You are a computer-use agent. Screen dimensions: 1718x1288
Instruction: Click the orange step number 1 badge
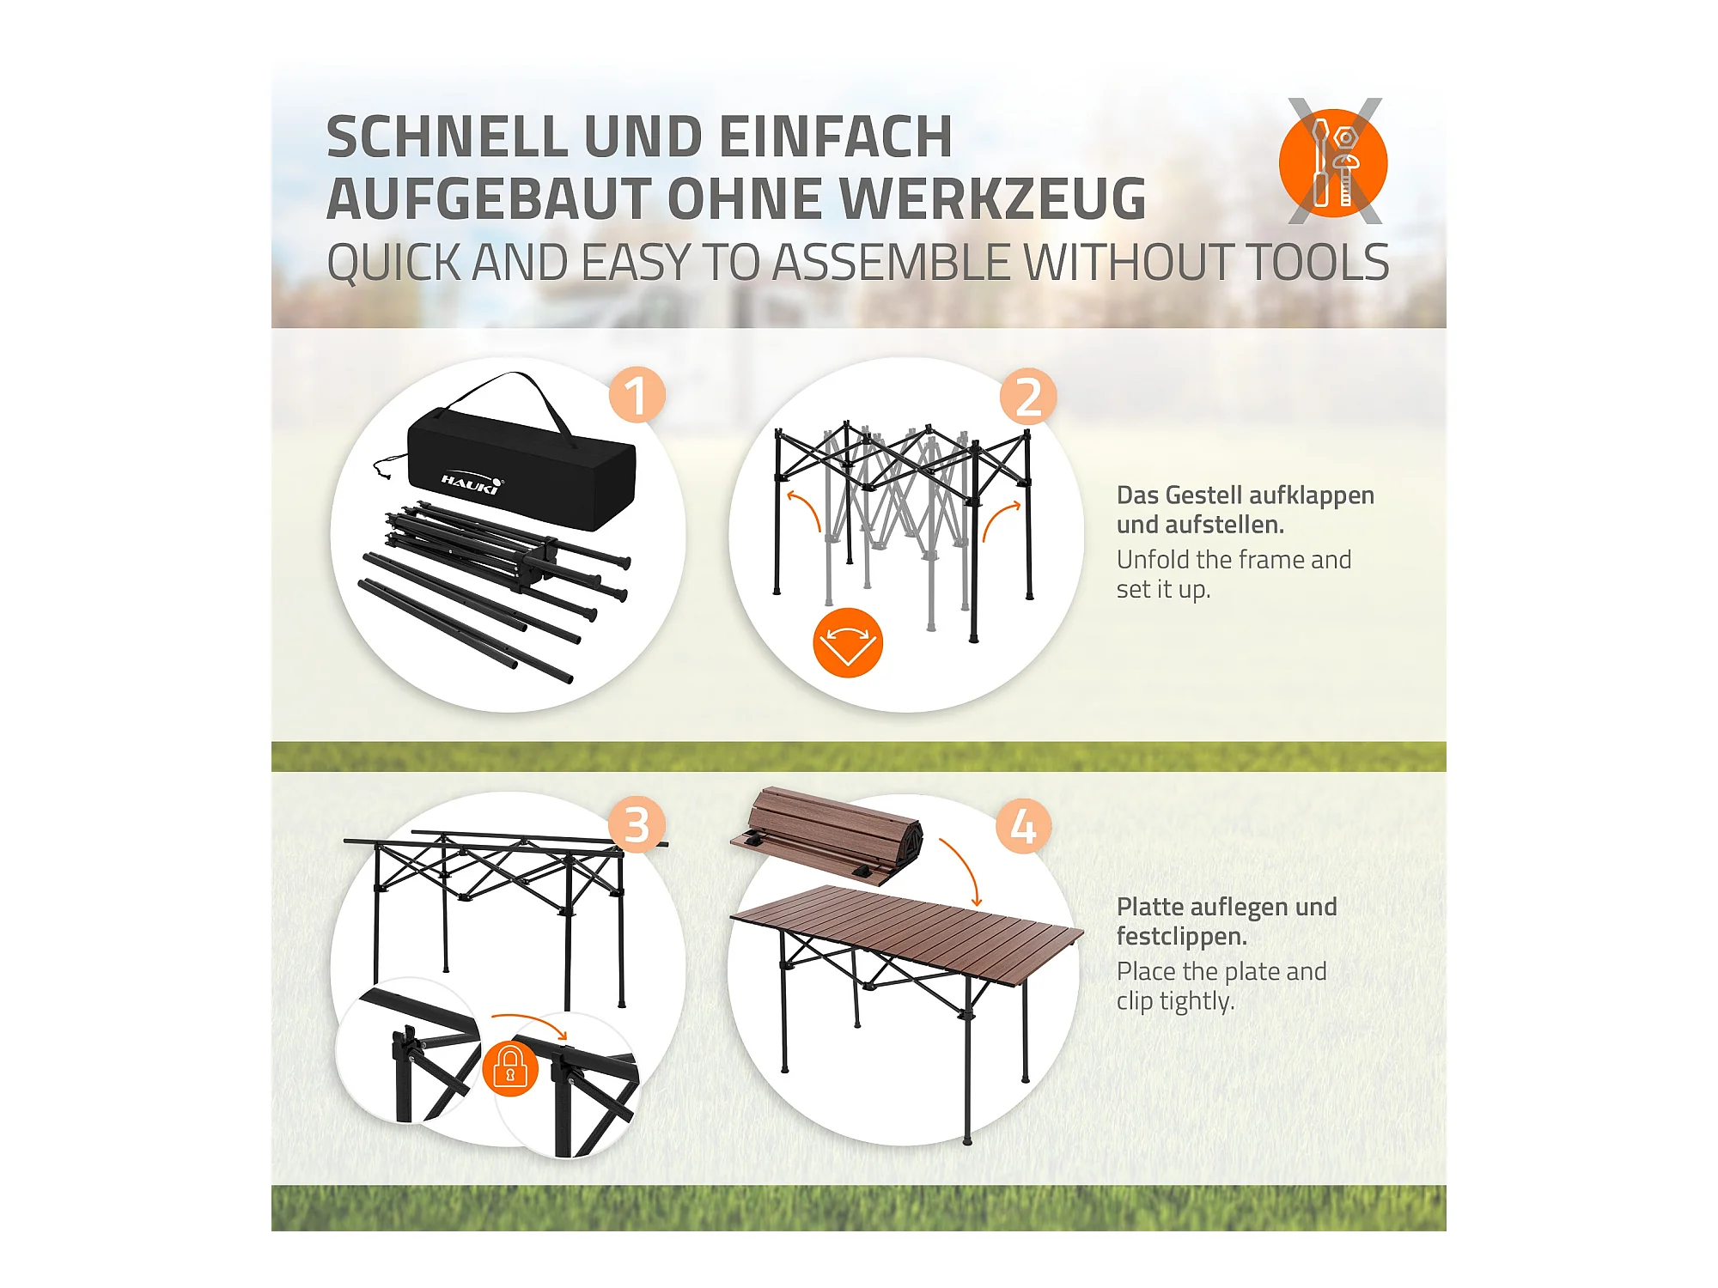pyautogui.click(x=637, y=395)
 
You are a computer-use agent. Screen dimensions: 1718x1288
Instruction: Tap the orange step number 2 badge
pyautogui.click(x=1028, y=397)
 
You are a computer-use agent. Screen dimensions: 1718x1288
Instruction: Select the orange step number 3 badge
pyautogui.click(x=637, y=825)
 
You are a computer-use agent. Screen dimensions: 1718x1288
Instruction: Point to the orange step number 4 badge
pyautogui.click(x=1023, y=826)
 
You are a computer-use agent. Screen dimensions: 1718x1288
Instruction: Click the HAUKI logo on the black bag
pyautogui.click(x=472, y=483)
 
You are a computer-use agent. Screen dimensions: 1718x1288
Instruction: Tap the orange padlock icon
pyautogui.click(x=510, y=1068)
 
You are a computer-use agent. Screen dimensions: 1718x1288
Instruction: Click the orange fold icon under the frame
pyautogui.click(x=848, y=643)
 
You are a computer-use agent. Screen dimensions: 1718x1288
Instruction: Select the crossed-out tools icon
pyautogui.click(x=1334, y=161)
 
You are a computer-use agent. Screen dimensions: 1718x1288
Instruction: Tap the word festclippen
pyautogui.click(x=1181, y=936)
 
